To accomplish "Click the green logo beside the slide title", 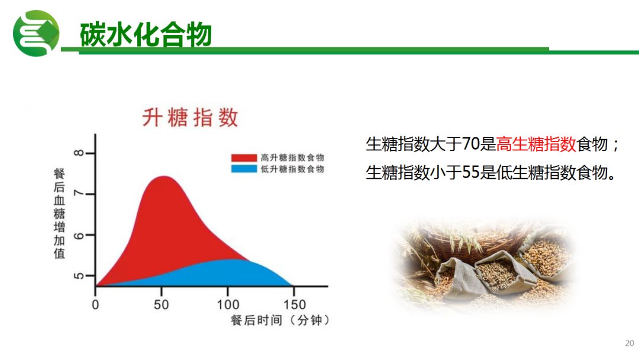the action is pos(36,33).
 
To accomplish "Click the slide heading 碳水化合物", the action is pos(146,34).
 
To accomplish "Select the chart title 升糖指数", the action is pos(190,117).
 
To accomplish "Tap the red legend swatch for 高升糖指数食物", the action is pos(244,157).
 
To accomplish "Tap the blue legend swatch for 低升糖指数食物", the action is pos(244,169).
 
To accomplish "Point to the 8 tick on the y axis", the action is pos(79,153).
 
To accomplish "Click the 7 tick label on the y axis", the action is pos(79,194).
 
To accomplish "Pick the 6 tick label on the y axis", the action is pos(79,235).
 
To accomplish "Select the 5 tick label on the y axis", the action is pos(79,275).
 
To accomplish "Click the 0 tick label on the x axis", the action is pos(95,304).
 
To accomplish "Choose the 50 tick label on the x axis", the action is pos(162,304).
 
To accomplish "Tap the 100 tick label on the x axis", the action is pos(228,304).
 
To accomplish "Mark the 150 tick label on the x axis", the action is pos(295,304).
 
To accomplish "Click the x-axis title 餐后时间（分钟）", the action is pos(280,320).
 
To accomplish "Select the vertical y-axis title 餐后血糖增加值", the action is pos(60,213).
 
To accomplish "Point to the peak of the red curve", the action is pos(163,176).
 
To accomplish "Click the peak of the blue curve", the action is pos(230,259).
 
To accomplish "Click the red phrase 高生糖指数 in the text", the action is pos(536,144).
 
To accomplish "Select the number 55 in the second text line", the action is pos(470,172).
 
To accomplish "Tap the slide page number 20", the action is pos(629,343).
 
